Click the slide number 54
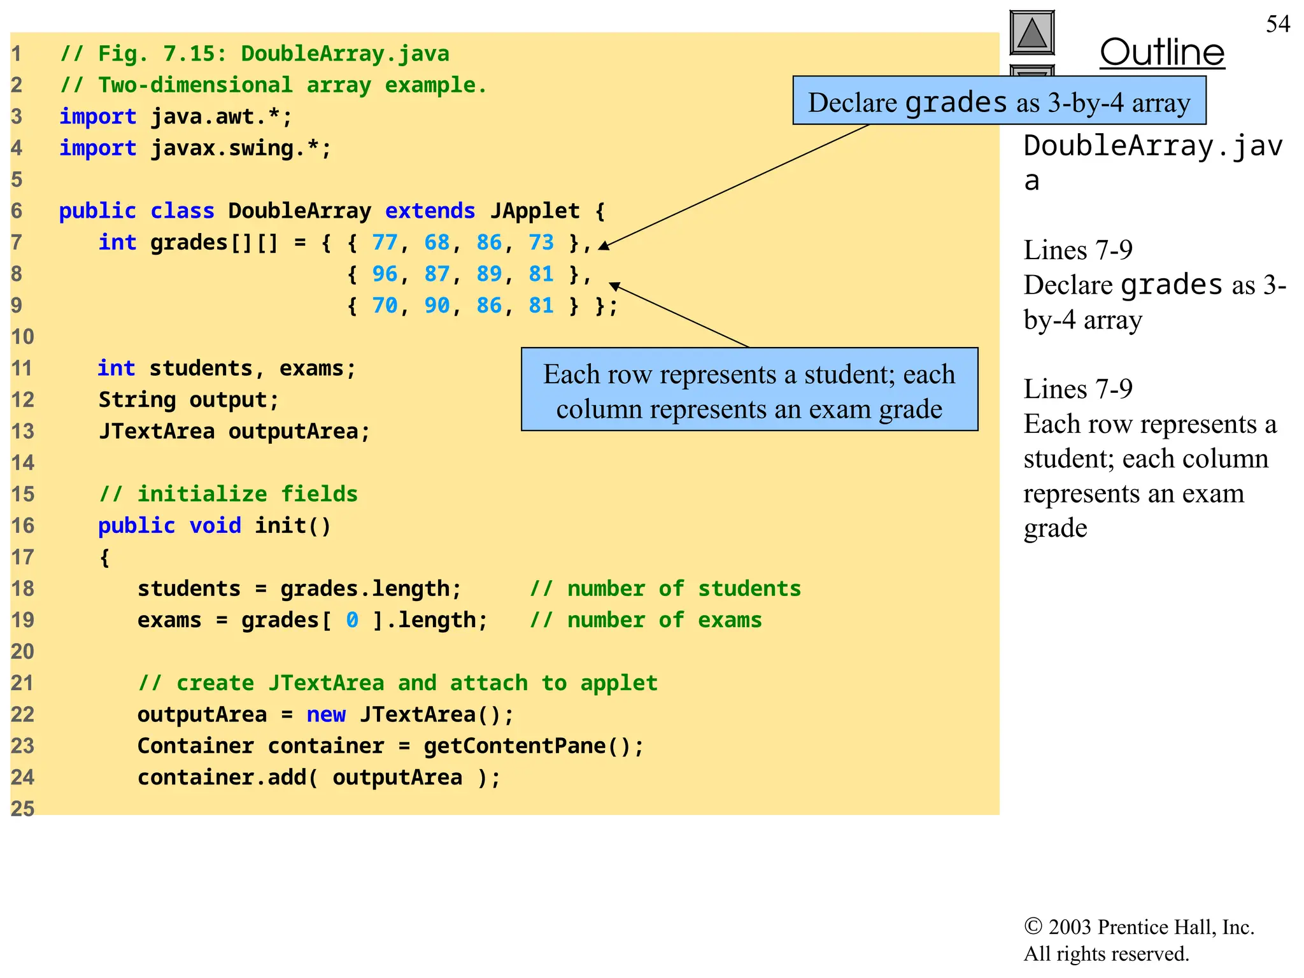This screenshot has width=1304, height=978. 1277,24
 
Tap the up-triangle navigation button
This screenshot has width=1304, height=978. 1031,32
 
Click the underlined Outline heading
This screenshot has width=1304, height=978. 1162,52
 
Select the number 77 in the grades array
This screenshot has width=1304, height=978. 385,243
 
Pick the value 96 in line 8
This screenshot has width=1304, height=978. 385,274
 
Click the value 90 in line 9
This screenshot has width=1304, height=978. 437,306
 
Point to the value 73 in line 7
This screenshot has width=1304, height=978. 541,243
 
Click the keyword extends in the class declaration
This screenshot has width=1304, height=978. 430,211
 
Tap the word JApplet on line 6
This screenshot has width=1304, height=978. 535,211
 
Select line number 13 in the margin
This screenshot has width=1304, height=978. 22,432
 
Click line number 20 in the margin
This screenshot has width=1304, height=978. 22,652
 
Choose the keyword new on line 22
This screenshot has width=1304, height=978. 326,714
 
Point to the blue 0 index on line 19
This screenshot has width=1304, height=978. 352,620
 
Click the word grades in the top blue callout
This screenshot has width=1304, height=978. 956,103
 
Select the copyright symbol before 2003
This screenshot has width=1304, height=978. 1033,927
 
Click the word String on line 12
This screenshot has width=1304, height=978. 137,400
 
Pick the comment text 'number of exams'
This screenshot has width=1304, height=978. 664,620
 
